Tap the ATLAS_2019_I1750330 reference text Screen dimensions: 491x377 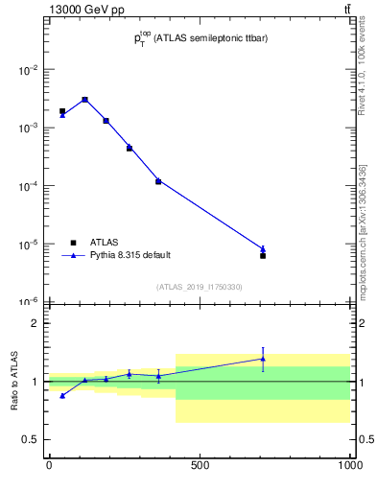[199, 287]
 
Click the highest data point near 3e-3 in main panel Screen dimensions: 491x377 [84, 99]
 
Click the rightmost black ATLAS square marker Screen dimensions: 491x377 [263, 255]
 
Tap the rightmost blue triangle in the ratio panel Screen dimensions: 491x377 [263, 359]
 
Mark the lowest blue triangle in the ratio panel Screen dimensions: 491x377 [62, 395]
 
